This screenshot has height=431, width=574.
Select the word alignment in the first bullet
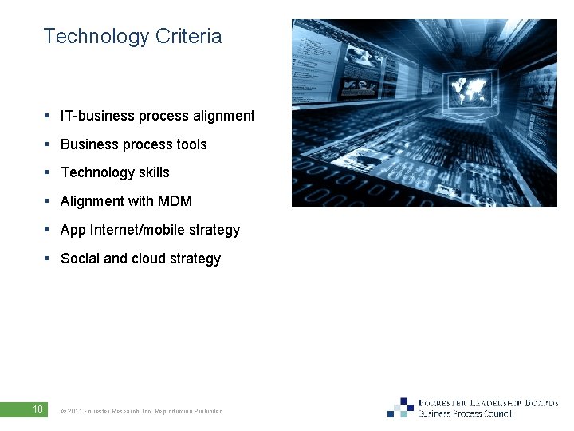pyautogui.click(x=224, y=116)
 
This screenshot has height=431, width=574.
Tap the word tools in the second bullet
pyautogui.click(x=191, y=144)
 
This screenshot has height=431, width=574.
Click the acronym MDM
pyautogui.click(x=175, y=201)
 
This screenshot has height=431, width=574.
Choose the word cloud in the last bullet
pyautogui.click(x=149, y=259)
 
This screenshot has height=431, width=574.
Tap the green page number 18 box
pyautogui.click(x=37, y=409)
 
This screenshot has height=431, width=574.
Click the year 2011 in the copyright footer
pyautogui.click(x=74, y=412)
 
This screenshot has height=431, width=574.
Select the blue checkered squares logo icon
pyautogui.click(x=402, y=408)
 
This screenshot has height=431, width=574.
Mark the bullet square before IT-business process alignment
pyautogui.click(x=48, y=117)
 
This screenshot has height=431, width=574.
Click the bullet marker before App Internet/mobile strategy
pyautogui.click(x=48, y=231)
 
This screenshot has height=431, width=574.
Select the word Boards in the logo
pyautogui.click(x=541, y=403)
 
